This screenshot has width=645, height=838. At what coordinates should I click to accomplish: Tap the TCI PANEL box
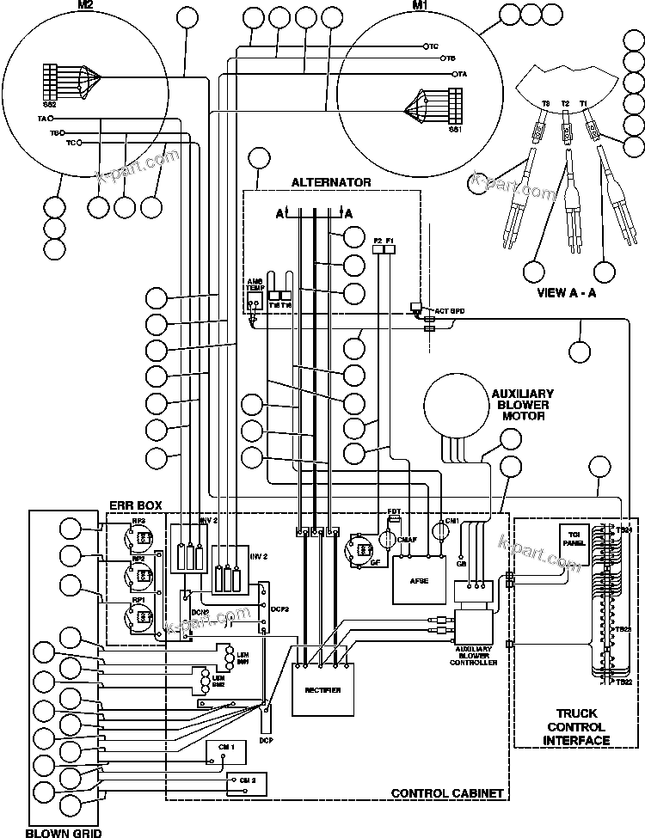tap(573, 544)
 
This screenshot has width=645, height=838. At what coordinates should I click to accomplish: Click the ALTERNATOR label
tap(331, 182)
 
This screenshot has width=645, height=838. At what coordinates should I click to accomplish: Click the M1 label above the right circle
tap(419, 6)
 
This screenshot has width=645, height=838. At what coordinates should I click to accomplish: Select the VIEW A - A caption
tap(567, 292)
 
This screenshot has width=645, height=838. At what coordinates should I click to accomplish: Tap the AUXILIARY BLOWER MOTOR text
tap(522, 405)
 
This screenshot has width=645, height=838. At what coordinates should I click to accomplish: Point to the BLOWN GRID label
tap(64, 830)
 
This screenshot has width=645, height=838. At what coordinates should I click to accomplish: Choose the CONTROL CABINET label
tap(446, 792)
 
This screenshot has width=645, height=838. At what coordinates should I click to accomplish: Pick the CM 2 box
tap(246, 782)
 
